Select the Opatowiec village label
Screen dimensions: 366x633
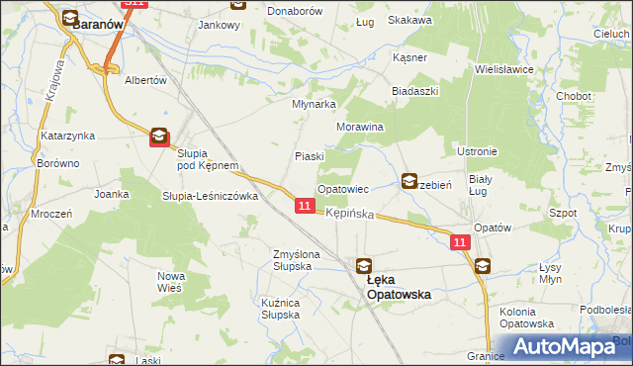[x=343, y=188]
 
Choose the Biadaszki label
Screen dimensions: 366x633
[x=414, y=90]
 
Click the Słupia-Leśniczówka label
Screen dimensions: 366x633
[x=210, y=196]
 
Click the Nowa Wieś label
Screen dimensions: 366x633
[x=172, y=282]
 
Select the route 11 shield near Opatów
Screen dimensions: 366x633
[x=460, y=242]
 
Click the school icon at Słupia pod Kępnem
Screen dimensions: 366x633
[x=158, y=138]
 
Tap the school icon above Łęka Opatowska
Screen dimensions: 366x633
[x=364, y=265]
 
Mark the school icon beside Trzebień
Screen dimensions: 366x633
[x=409, y=181]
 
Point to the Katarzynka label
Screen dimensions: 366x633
[x=67, y=135]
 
